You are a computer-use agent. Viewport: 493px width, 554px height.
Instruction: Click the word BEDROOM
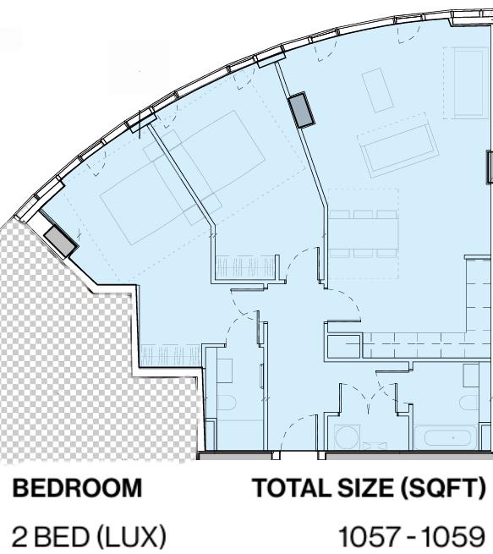coord(77,488)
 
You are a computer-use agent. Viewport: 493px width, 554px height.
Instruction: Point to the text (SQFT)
coord(443,489)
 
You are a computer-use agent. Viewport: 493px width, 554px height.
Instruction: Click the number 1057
coord(370,536)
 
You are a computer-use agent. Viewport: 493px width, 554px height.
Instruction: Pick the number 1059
coord(453,536)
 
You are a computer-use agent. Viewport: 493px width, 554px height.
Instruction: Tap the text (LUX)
coord(131,537)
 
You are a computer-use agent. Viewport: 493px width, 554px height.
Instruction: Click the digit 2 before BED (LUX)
coord(19,536)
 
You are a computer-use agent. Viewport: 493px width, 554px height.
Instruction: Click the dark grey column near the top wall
coord(301,110)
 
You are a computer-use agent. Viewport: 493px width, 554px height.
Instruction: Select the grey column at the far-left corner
coord(60,241)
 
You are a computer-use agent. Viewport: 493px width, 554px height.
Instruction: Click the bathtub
coord(447,438)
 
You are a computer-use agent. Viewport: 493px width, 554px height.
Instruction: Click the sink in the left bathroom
coord(224,370)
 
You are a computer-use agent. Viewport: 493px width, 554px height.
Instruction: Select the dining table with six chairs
coord(364,233)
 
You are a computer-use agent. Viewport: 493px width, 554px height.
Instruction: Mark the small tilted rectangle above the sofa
coord(377,91)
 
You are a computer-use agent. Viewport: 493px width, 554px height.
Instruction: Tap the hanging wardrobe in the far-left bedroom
coord(171,355)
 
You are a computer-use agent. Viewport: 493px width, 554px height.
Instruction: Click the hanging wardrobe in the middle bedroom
coord(245,266)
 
